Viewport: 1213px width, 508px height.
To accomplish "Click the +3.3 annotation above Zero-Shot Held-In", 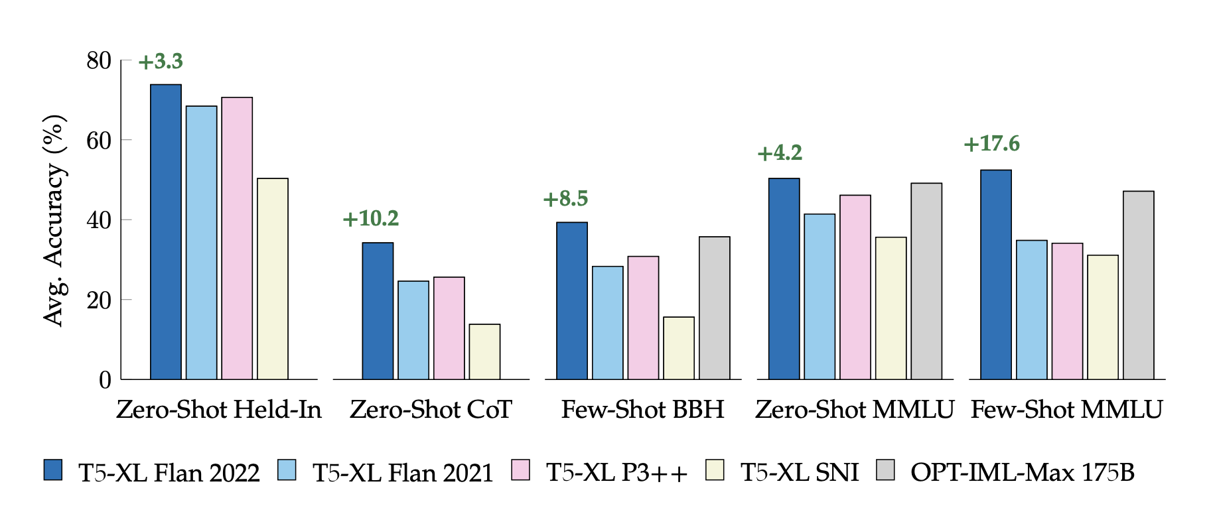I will point(161,62).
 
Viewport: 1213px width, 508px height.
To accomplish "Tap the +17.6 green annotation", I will point(991,144).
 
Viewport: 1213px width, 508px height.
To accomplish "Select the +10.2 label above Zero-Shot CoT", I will point(370,219).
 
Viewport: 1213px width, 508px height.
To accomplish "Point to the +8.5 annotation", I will point(565,199).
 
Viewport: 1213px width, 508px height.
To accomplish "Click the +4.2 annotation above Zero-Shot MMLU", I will point(780,153).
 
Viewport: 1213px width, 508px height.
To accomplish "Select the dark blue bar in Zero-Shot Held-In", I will point(166,232).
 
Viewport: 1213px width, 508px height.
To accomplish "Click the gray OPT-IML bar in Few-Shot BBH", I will point(714,308).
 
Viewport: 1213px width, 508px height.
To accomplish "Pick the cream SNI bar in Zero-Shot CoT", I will point(484,351).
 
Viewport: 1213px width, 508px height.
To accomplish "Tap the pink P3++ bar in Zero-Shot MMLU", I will point(855,287).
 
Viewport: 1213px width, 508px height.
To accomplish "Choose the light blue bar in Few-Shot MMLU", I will point(1031,310).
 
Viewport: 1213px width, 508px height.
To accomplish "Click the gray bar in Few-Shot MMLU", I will point(1138,285).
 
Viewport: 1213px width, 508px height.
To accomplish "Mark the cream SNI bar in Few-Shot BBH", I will point(679,348).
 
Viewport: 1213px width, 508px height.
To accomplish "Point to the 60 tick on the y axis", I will point(99,141).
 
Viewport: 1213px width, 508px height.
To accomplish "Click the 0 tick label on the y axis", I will point(105,380).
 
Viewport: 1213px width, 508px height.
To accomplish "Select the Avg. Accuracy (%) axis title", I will point(54,220).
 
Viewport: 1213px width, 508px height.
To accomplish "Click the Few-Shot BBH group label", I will point(642,409).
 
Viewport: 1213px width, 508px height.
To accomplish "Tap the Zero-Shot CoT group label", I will point(431,409).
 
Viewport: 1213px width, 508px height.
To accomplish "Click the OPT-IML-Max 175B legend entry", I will point(1022,472).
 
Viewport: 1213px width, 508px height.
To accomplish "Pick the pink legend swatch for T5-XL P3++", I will point(521,470).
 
